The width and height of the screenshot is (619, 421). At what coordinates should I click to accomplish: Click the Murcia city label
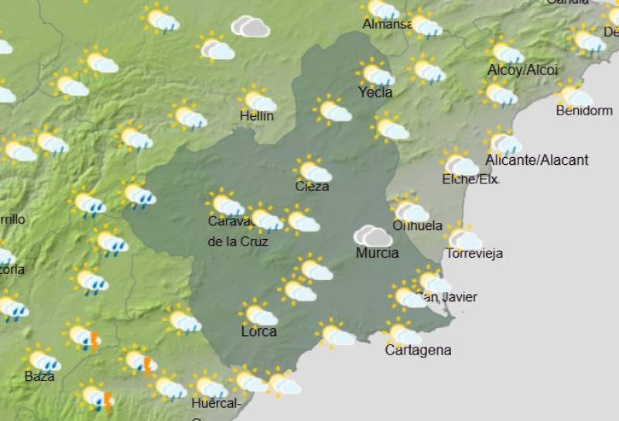point(378,253)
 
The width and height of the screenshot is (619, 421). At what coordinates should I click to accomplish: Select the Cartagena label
point(418,351)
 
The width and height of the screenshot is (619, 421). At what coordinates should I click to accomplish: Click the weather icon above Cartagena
point(403,334)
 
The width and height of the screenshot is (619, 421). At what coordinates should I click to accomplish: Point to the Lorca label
point(259,332)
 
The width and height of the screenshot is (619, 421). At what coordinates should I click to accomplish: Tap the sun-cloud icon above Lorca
point(259,314)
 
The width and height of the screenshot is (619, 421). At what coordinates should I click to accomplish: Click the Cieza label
point(312,187)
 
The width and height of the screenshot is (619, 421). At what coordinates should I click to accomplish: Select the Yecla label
point(375,92)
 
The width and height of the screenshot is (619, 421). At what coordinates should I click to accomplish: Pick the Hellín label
point(256,116)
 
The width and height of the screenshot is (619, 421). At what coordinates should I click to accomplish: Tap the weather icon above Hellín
point(258,101)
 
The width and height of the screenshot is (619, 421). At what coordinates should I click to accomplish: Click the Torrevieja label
point(474,253)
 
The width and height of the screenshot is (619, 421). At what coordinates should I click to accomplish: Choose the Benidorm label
point(584,111)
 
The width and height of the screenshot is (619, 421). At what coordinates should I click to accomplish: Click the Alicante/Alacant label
point(537,160)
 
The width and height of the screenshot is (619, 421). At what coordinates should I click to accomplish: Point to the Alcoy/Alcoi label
point(522,70)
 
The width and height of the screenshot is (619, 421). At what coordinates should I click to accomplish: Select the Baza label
point(39,376)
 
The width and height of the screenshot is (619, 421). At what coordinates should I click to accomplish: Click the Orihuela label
point(418,226)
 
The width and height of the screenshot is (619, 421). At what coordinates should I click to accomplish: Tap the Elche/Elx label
point(470,180)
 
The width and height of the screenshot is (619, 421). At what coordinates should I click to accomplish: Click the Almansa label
point(387,25)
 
